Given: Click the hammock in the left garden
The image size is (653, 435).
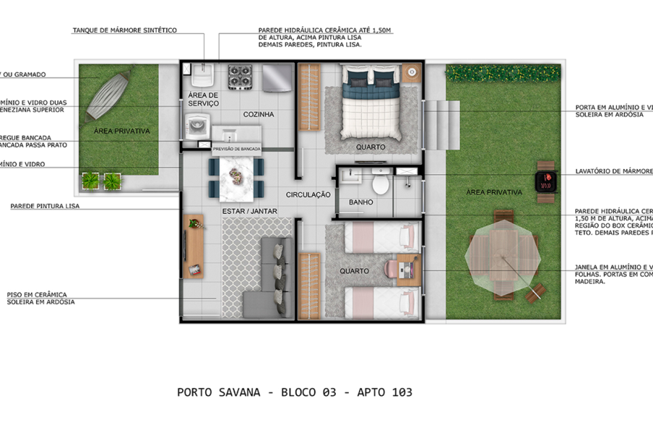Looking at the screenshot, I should click(x=107, y=94).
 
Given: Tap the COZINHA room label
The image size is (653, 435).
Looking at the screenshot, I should click(x=258, y=115).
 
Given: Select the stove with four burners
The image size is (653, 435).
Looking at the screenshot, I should click(x=240, y=75).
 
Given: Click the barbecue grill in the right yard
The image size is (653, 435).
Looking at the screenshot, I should click(x=545, y=181).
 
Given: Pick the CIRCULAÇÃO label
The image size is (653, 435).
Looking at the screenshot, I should click(x=308, y=195).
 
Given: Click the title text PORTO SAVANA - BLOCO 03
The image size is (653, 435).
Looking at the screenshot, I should click(x=295, y=392).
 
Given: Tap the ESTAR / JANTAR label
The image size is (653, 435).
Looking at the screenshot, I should click(x=249, y=211).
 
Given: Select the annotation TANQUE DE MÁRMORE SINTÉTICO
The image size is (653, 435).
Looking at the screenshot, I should click(x=124, y=30).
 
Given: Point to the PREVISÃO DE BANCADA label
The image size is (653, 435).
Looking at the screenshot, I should click(x=236, y=149).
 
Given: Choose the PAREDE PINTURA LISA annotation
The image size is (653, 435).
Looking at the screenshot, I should click(x=44, y=206).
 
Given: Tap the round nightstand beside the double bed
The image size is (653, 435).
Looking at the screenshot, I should click(x=411, y=72).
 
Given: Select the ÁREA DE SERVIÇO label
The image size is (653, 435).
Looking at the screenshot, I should click(x=203, y=100).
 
